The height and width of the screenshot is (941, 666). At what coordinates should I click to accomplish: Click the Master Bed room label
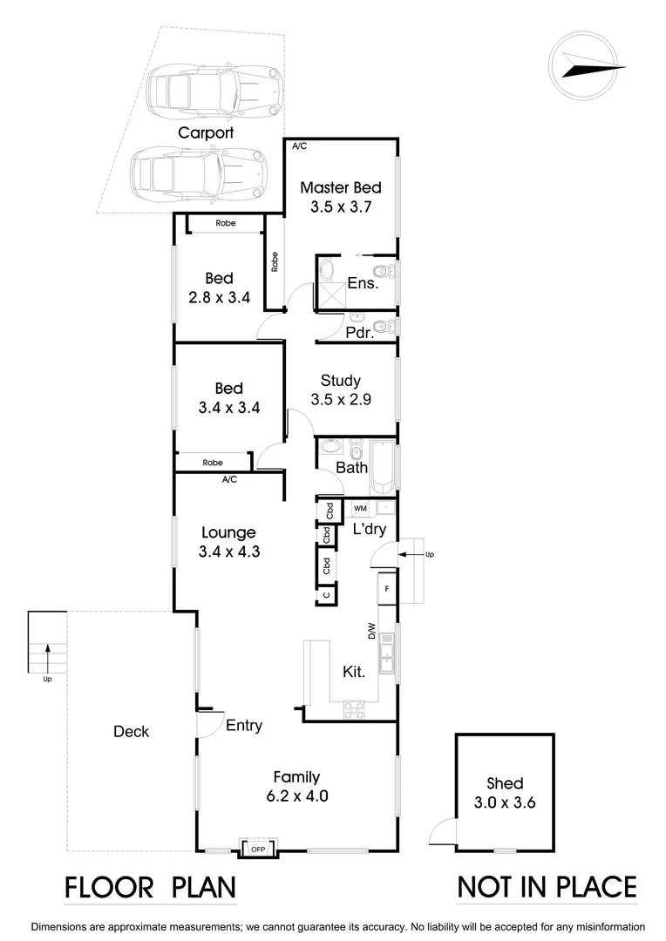click(341, 187)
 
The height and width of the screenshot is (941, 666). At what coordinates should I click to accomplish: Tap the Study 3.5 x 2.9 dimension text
click(341, 400)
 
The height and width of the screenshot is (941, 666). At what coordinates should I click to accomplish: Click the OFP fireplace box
click(258, 849)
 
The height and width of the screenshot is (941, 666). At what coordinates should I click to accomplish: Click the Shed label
click(506, 784)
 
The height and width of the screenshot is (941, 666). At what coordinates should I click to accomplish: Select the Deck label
click(132, 732)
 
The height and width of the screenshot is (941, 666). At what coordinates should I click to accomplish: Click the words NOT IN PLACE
click(547, 887)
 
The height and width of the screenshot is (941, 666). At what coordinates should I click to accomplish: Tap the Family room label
click(296, 777)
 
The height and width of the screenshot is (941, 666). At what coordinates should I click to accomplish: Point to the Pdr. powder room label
click(359, 332)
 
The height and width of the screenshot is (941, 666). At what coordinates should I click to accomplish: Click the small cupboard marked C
click(326, 595)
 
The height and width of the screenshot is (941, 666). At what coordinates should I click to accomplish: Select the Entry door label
click(244, 725)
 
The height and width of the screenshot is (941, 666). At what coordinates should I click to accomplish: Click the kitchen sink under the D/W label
click(390, 656)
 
